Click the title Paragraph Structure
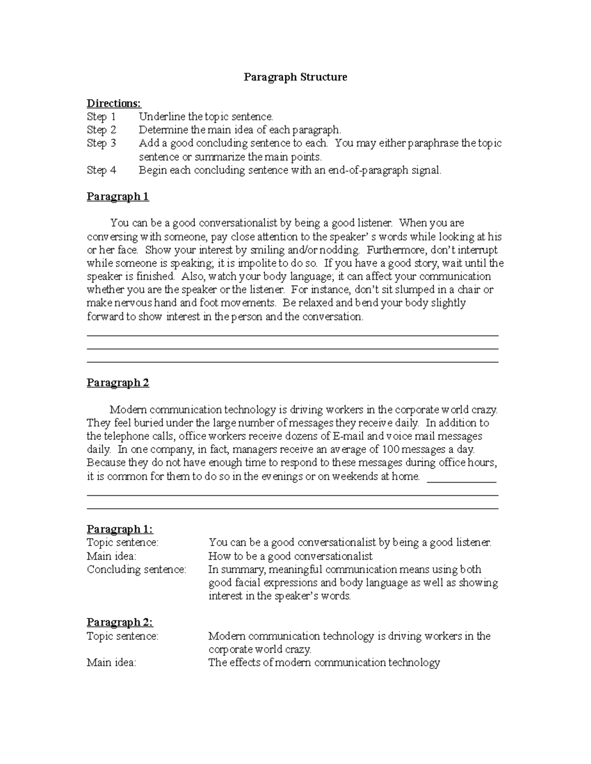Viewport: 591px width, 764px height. pyautogui.click(x=295, y=77)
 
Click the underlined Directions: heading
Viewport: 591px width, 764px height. pyautogui.click(x=114, y=103)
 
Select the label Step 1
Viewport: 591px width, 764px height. pyautogui.click(x=101, y=117)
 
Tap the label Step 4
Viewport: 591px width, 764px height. pyautogui.click(x=101, y=170)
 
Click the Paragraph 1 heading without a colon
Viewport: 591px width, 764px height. pyautogui.click(x=118, y=197)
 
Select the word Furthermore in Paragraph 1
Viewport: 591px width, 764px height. pyautogui.click(x=396, y=250)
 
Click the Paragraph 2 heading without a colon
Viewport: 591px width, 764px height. pyautogui.click(x=118, y=383)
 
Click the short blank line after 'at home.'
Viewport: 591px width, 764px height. pyautogui.click(x=461, y=481)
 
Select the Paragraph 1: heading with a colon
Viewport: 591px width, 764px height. pyautogui.click(x=120, y=529)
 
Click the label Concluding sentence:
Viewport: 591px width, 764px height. pyautogui.click(x=136, y=570)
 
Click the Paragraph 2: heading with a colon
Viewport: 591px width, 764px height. pyautogui.click(x=120, y=622)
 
